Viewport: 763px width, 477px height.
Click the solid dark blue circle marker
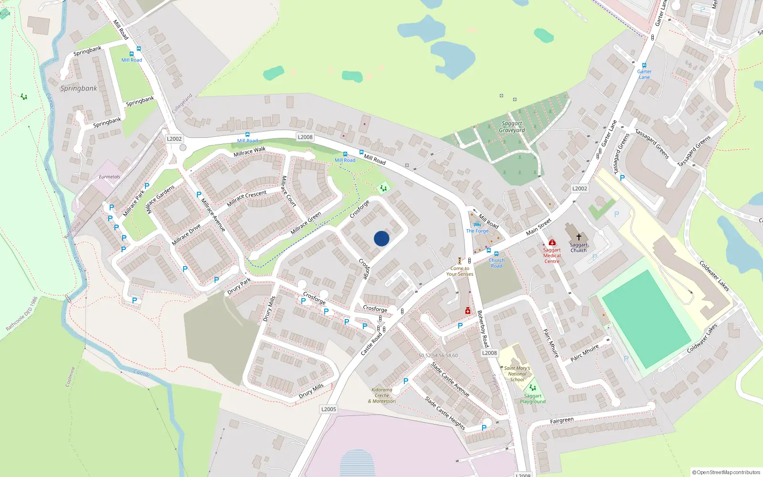pos(381,238)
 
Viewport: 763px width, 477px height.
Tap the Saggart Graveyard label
pos(512,127)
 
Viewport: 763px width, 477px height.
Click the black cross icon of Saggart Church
pos(578,237)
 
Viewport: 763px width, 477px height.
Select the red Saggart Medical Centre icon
pos(552,242)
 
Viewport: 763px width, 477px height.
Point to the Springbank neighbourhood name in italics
pos(79,88)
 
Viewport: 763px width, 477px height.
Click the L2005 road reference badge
pos(329,409)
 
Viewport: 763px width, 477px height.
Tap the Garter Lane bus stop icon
pos(644,65)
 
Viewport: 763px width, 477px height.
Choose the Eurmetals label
pos(109,177)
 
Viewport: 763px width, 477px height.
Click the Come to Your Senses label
pos(460,271)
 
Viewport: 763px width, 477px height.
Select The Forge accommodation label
pos(477,231)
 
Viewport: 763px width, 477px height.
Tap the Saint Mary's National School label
pos(517,374)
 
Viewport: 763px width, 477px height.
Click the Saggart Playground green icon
pos(533,387)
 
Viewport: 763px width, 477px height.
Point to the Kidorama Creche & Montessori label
pos(382,395)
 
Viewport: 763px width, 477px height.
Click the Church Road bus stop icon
pos(496,254)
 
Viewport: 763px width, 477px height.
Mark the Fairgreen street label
pos(562,421)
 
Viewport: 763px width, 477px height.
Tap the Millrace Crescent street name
pos(247,198)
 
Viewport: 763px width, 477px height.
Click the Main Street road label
pos(538,227)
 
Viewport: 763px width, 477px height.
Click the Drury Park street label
pos(239,287)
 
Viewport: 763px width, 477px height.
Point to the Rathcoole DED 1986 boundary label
pos(21,314)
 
